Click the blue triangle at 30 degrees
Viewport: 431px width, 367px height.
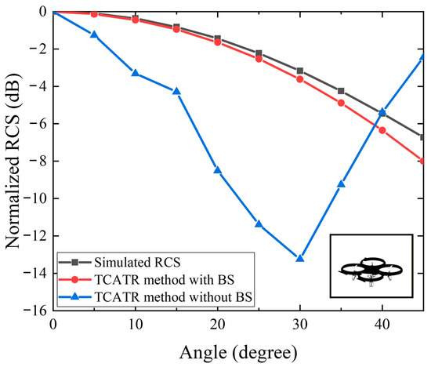click(x=300, y=258)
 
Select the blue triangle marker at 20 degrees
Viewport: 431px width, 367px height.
click(x=218, y=170)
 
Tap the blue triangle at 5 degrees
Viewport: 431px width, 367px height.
click(x=94, y=35)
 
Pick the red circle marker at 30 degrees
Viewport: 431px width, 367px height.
click(x=300, y=79)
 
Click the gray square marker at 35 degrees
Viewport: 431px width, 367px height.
click(x=341, y=91)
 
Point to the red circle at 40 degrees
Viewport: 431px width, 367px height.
click(x=382, y=130)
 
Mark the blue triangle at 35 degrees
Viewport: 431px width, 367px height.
click(x=341, y=184)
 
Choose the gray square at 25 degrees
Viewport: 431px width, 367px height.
click(x=259, y=53)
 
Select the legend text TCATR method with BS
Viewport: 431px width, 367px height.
click(x=165, y=280)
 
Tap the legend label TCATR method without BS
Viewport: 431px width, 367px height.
click(x=173, y=297)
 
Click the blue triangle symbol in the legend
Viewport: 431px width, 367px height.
click(x=74, y=296)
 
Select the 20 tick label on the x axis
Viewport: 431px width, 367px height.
click(x=218, y=325)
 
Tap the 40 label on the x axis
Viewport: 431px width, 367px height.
click(x=382, y=325)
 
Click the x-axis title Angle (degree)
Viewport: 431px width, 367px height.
click(x=238, y=353)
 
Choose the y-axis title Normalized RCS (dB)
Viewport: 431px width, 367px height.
click(x=13, y=161)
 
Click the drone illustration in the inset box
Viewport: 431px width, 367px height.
click(x=371, y=271)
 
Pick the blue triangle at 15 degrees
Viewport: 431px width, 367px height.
click(x=176, y=91)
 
